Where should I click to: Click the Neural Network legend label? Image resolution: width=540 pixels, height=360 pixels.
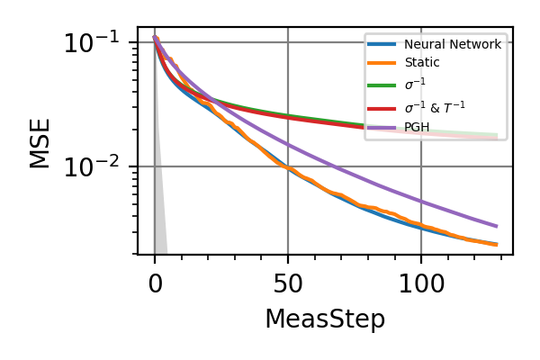(453, 44)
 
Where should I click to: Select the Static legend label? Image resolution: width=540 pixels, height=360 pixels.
(422, 64)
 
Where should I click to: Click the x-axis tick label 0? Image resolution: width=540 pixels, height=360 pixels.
(155, 285)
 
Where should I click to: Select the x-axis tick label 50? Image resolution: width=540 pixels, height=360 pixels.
(288, 285)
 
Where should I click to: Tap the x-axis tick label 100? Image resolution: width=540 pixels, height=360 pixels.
(421, 285)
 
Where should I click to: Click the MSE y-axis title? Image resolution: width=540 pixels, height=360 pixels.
(40, 141)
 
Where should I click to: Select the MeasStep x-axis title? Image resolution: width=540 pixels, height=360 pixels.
(325, 319)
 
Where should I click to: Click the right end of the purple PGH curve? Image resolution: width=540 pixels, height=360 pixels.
(497, 226)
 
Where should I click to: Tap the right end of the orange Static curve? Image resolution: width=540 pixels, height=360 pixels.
(497, 244)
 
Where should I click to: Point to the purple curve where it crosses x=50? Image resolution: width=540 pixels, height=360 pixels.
(288, 145)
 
